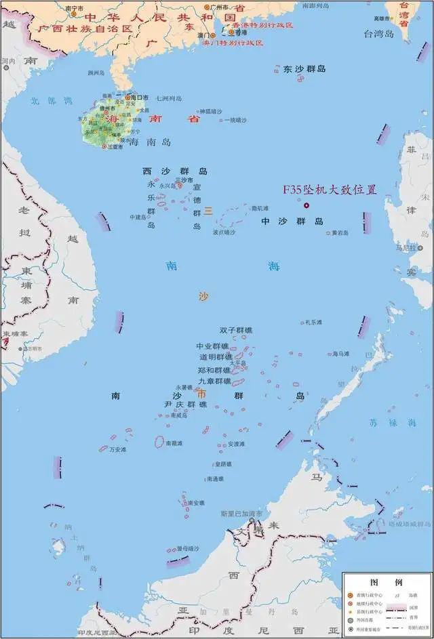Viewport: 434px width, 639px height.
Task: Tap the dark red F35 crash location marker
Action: tap(306, 205)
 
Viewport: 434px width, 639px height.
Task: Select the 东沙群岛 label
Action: tap(304, 69)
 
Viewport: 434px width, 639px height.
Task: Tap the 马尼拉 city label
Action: tap(406, 248)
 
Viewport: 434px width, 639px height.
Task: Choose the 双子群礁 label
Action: tap(235, 331)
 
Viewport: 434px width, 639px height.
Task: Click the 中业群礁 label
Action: tap(212, 346)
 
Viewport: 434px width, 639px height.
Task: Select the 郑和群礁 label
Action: tap(214, 370)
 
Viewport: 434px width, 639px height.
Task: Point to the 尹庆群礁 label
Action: tap(185, 405)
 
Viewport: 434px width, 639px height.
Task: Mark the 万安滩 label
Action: tap(119, 450)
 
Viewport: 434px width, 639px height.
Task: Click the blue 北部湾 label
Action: tap(51, 101)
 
